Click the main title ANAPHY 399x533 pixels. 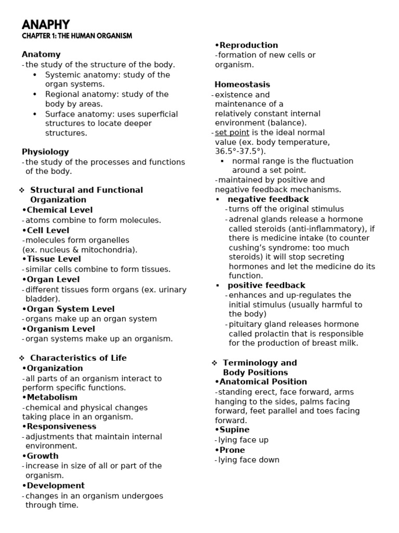pyautogui.click(x=46, y=24)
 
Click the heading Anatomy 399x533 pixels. pyautogui.click(x=41, y=55)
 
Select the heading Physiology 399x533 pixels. pyautogui.click(x=45, y=152)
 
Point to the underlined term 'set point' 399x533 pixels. pyautogui.click(x=232, y=133)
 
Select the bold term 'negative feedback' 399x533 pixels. pyautogui.click(x=268, y=199)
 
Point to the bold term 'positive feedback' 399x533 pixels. pyautogui.click(x=267, y=286)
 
